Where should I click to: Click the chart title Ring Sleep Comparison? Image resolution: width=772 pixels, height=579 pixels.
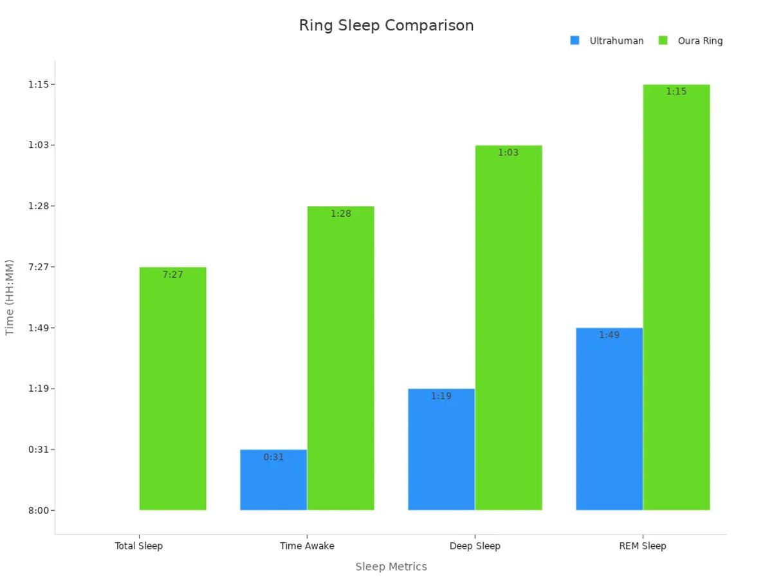386,26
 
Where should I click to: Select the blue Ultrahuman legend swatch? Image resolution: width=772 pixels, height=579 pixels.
574,41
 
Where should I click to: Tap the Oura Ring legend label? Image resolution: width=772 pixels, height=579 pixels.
700,41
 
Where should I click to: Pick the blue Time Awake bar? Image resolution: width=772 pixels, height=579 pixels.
273,482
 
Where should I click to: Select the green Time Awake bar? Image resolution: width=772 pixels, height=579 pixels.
340,360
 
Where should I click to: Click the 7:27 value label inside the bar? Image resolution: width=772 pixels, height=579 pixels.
172,275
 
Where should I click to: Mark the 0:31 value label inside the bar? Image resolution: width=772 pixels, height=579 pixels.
273,457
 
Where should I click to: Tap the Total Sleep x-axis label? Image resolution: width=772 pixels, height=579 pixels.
138,546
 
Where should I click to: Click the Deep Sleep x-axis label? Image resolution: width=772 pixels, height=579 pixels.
475,546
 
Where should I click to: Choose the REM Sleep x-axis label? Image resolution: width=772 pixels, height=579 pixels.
643,546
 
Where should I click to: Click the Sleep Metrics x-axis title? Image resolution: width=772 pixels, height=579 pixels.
391,567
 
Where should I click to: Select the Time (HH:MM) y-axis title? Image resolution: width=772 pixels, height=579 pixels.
10,297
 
